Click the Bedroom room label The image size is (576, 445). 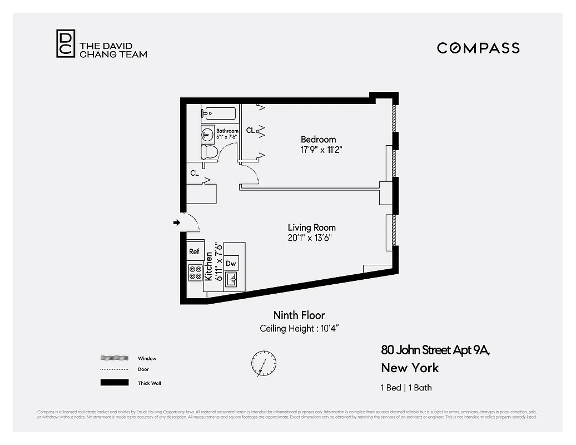tap(318, 139)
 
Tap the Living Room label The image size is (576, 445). tap(311, 228)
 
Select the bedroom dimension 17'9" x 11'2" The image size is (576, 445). tap(318, 150)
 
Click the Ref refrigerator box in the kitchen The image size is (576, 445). tap(194, 251)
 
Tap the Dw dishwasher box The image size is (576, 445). tap(231, 263)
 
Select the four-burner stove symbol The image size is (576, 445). tap(195, 273)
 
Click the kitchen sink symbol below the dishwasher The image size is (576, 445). tap(231, 280)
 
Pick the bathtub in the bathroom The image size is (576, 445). tap(219, 113)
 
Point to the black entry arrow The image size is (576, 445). tap(177, 223)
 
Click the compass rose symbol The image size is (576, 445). tap(263, 363)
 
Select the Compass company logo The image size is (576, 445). tap(478, 48)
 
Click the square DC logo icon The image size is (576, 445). tap(64, 43)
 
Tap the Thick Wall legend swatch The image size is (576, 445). tap(114, 383)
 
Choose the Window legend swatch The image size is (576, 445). tap(114, 358)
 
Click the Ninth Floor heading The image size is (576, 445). tap(299, 315)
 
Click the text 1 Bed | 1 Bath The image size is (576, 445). tap(406, 388)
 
